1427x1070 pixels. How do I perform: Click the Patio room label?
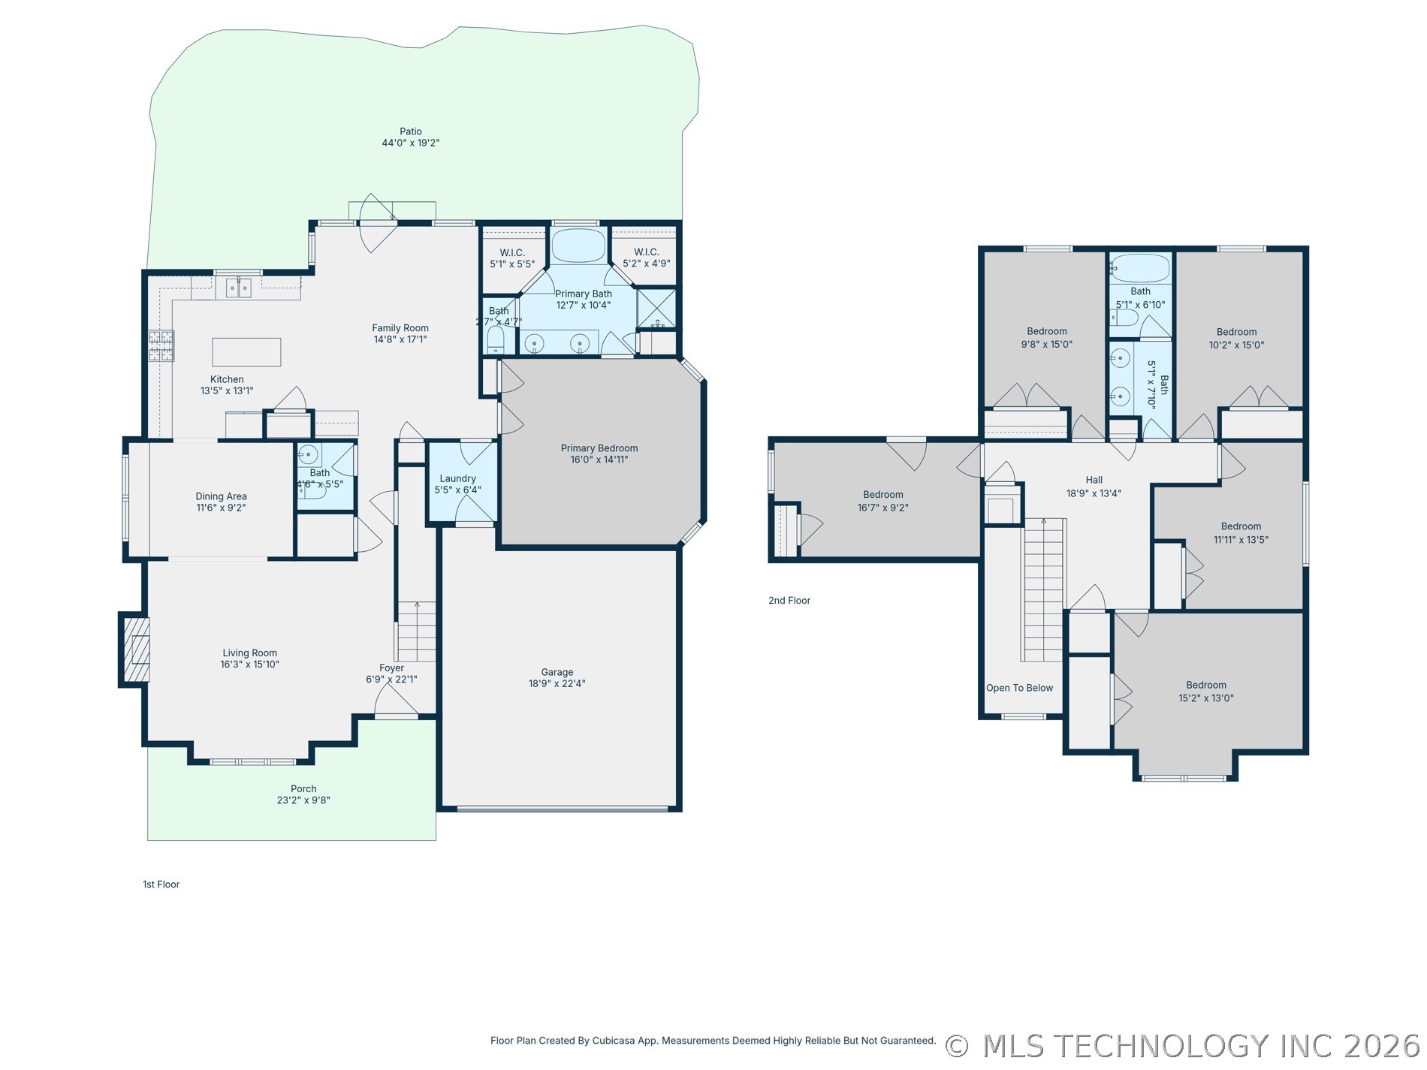[411, 131]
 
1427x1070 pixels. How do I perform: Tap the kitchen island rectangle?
[246, 352]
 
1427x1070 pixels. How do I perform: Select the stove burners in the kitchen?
[161, 345]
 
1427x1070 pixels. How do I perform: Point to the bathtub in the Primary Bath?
[578, 246]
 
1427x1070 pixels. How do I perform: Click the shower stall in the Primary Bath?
[656, 309]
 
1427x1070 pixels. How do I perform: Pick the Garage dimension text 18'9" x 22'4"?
[557, 684]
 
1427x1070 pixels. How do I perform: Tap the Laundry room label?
[458, 478]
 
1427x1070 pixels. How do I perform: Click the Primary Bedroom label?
[599, 448]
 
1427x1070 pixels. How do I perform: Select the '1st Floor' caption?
[161, 885]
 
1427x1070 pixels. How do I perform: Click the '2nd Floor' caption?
[789, 601]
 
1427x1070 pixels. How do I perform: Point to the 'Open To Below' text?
[1019, 688]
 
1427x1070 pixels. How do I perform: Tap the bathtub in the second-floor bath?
[1141, 268]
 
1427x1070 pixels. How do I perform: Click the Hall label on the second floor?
[1094, 480]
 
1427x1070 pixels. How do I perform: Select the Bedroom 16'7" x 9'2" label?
[883, 495]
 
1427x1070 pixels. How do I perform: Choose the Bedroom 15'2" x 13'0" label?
[1206, 685]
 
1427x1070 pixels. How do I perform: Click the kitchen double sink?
[239, 288]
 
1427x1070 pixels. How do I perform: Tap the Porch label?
[303, 789]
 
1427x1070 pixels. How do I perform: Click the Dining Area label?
[221, 496]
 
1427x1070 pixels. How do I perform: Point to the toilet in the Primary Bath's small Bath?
[496, 340]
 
